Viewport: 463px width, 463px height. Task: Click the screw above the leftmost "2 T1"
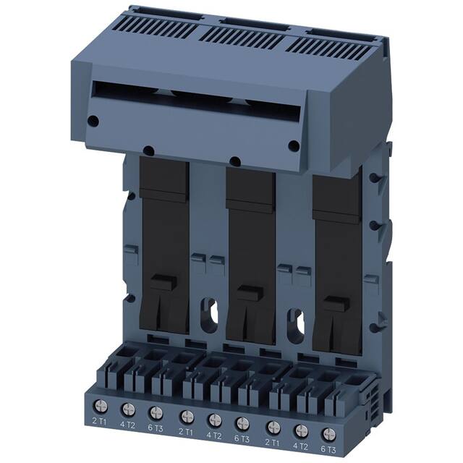click(98, 407)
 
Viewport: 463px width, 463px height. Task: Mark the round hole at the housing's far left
click(93, 121)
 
